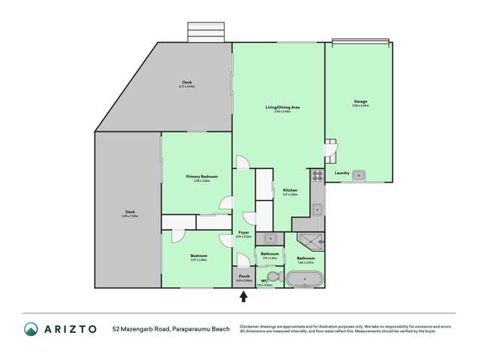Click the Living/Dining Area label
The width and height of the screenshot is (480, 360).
(277, 108)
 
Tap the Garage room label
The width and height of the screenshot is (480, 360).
(360, 101)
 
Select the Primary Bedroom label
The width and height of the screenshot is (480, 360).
(202, 176)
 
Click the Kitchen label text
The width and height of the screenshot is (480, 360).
(290, 190)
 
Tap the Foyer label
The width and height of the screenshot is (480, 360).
(244, 232)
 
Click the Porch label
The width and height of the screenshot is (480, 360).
(243, 277)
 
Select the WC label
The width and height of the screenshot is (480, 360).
(265, 281)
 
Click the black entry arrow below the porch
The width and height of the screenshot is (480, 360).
(243, 297)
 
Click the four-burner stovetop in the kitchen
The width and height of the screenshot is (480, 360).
(317, 177)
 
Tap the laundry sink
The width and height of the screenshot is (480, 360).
(360, 176)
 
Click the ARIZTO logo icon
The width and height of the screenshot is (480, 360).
(31, 329)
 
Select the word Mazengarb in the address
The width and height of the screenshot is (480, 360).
(138, 329)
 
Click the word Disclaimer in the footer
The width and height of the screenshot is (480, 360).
(251, 325)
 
